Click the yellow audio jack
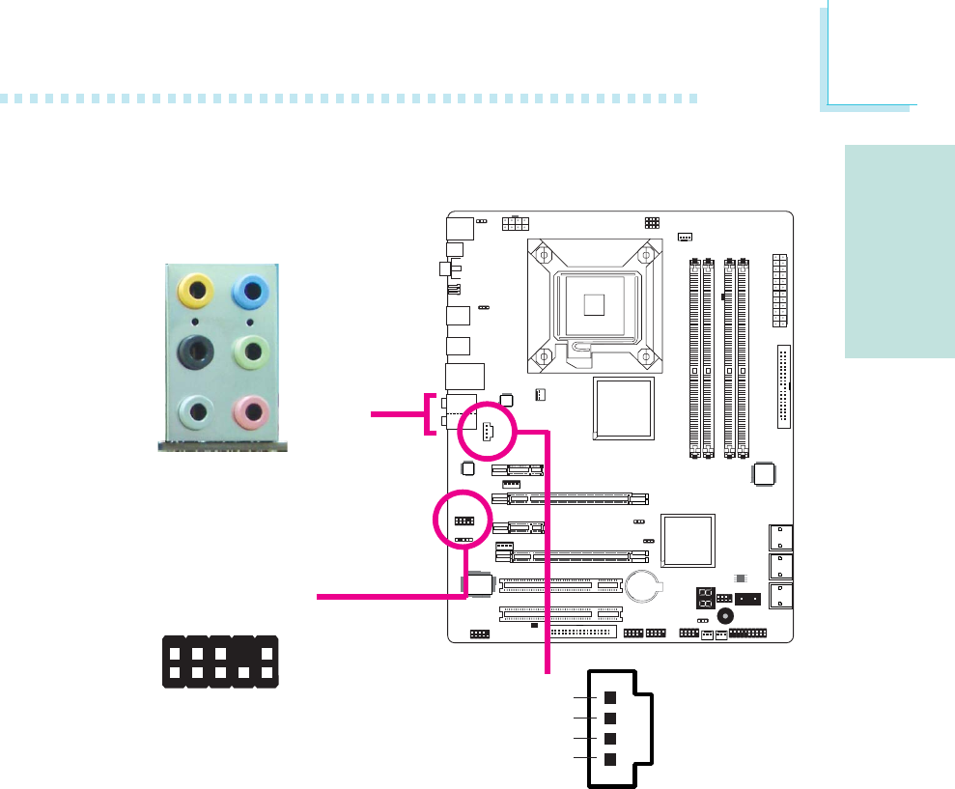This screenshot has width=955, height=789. (197, 288)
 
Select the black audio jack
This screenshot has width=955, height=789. (197, 351)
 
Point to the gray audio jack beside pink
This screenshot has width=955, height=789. (197, 413)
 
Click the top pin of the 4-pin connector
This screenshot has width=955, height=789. (609, 697)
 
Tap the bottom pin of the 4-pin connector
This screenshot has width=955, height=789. (609, 758)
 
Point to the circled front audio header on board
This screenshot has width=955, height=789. (463, 521)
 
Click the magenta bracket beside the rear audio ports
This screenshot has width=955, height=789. (430, 414)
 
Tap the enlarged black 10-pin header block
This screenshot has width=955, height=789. (220, 662)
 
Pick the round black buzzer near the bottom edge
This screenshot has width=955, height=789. (725, 615)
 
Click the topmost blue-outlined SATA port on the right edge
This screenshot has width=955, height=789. (778, 536)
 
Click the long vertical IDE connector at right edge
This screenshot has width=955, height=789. (783, 386)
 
